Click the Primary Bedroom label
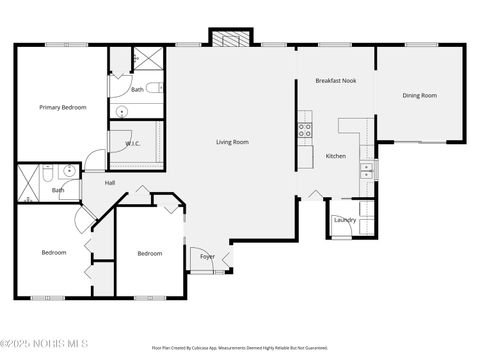tap(62, 107)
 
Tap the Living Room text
tap(232, 142)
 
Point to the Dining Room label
tap(419, 95)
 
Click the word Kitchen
tap(335, 156)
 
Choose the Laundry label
tap(345, 220)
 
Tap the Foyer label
tap(207, 257)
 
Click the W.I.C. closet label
tap(133, 144)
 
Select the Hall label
tap(110, 183)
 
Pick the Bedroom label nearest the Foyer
tap(149, 253)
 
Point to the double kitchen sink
tap(367, 170)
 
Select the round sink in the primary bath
tap(123, 112)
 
